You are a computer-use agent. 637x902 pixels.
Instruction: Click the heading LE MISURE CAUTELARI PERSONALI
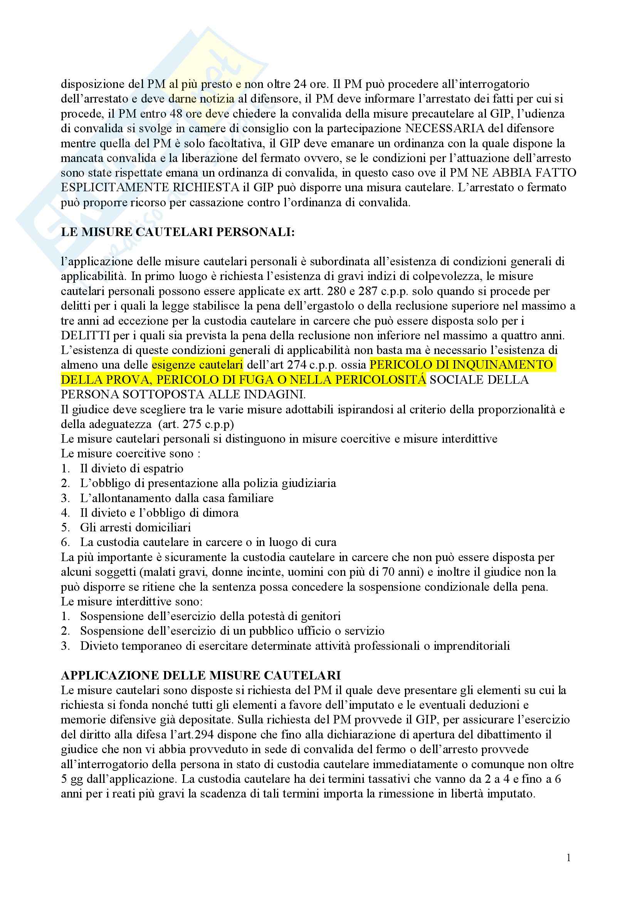pyautogui.click(x=177, y=232)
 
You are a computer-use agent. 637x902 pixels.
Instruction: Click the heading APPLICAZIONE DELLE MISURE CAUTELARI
pyautogui.click(x=200, y=675)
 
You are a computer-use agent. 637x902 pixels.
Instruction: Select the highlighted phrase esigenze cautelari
pyautogui.click(x=197, y=365)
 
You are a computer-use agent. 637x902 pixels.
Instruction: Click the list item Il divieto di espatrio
pyautogui.click(x=131, y=469)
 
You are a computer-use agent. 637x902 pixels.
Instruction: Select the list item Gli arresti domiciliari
pyautogui.click(x=135, y=528)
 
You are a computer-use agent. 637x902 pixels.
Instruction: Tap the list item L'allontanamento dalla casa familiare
pyautogui.click(x=176, y=498)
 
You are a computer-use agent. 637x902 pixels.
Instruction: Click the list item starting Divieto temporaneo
pyautogui.click(x=295, y=646)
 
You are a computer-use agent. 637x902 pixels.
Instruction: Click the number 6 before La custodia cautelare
pyautogui.click(x=65, y=543)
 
